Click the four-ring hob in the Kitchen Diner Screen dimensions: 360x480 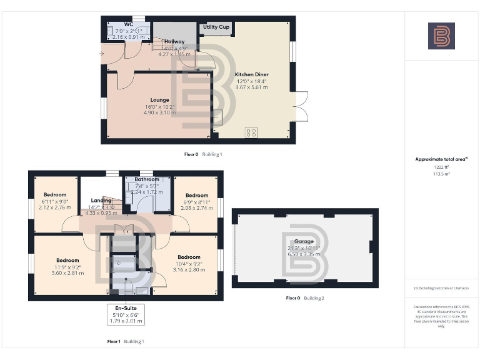(x=251, y=131)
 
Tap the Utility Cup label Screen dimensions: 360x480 (x=216, y=27)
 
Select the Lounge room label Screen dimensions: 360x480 (x=159, y=99)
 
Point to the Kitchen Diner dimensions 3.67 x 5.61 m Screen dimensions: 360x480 (x=251, y=87)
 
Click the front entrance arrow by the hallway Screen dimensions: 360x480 (x=102, y=54)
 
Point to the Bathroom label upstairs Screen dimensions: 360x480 (x=147, y=179)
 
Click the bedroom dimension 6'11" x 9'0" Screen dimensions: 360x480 (x=53, y=201)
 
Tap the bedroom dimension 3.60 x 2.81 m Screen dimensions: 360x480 (x=67, y=273)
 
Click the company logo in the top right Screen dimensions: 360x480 (x=441, y=36)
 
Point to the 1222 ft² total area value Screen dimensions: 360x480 (x=441, y=167)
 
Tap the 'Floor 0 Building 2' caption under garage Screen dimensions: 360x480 (x=305, y=298)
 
